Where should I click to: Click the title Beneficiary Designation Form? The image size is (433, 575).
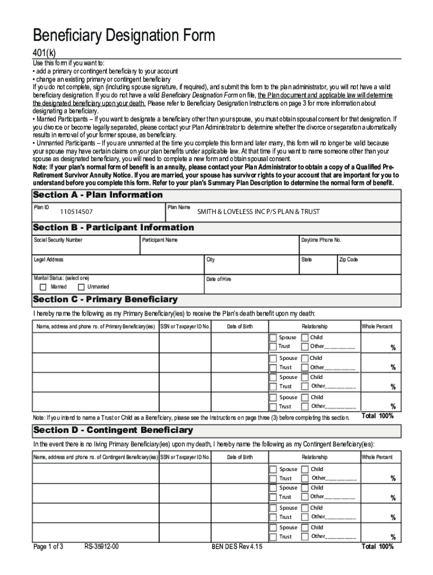(x=124, y=36)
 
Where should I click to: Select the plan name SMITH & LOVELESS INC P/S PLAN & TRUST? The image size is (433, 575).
(x=258, y=212)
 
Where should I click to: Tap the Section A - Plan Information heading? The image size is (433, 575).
(x=98, y=195)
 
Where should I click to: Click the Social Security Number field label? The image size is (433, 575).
(x=58, y=240)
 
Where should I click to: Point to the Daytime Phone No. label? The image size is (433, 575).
(x=321, y=240)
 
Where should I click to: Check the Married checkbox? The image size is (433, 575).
(x=43, y=287)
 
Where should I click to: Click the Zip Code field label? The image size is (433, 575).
(x=348, y=260)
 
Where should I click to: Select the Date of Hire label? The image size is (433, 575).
(x=219, y=279)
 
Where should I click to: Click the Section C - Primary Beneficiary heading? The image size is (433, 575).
(x=105, y=299)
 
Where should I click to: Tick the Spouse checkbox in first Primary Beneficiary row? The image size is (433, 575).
(x=273, y=337)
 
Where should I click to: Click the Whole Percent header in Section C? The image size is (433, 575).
(x=377, y=327)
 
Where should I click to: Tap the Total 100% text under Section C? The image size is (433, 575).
(x=377, y=416)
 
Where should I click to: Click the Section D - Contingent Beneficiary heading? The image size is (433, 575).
(x=113, y=430)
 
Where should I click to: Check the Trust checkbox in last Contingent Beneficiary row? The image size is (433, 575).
(x=273, y=536)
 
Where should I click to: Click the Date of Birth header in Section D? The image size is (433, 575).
(x=240, y=458)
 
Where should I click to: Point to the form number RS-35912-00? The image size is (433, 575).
(x=102, y=546)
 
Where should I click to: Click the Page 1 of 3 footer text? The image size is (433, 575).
(x=48, y=546)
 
